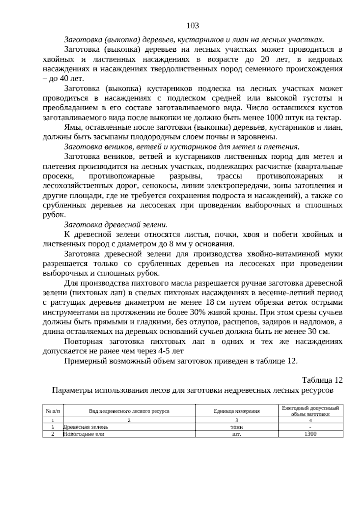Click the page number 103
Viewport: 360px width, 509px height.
tap(193, 26)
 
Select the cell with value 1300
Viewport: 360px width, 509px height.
tap(310, 434)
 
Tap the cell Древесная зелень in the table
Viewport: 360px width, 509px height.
tap(86, 427)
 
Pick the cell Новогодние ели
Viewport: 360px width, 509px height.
tap(84, 434)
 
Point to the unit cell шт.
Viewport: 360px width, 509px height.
tap(237, 434)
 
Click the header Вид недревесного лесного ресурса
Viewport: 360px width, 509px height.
tap(129, 411)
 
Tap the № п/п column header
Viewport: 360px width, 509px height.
tap(53, 411)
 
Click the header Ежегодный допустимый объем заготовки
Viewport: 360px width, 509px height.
tap(310, 411)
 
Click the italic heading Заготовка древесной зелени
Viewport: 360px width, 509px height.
tap(115, 225)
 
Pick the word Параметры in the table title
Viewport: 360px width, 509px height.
tap(72, 390)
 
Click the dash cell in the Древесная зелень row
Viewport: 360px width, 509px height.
tap(310, 427)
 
